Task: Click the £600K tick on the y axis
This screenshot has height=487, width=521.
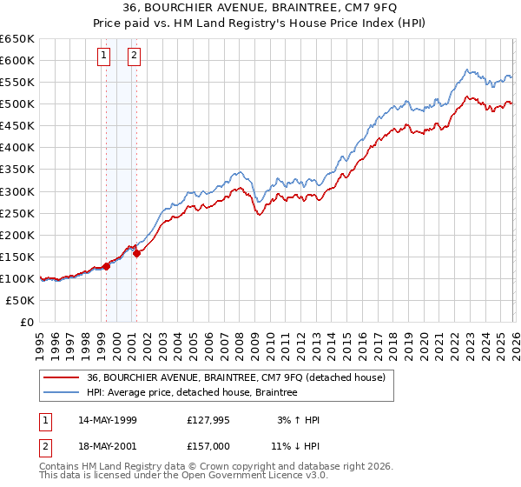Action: coord(16,60)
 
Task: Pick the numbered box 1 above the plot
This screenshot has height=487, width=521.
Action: coord(104,57)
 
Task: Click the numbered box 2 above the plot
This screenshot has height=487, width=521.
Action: coord(135,57)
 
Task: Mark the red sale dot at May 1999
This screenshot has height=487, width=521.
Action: coord(106,266)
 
